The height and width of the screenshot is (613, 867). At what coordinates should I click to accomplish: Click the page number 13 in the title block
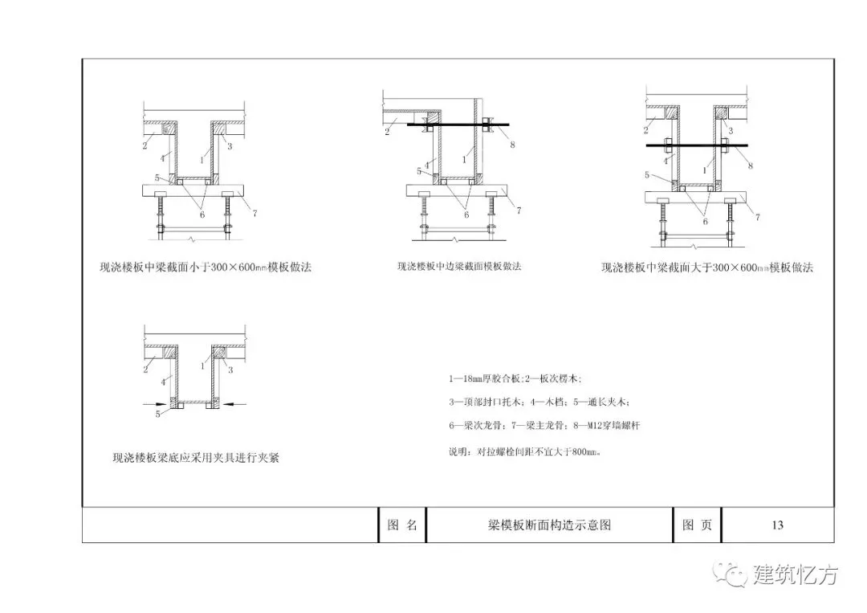pyautogui.click(x=777, y=525)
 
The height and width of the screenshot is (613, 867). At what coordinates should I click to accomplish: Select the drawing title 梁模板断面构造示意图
pyautogui.click(x=549, y=525)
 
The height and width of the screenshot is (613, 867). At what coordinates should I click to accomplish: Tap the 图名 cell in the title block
pyautogui.click(x=401, y=525)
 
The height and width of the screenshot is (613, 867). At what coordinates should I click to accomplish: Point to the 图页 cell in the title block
pyautogui.click(x=696, y=525)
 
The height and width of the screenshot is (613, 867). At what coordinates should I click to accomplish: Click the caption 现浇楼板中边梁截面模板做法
pyautogui.click(x=458, y=267)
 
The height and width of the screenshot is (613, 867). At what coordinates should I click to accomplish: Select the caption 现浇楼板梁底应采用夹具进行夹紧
pyautogui.click(x=196, y=459)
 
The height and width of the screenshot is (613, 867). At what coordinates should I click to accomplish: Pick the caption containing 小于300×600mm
pyautogui.click(x=205, y=268)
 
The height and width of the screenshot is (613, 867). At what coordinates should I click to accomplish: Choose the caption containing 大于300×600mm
pyautogui.click(x=706, y=268)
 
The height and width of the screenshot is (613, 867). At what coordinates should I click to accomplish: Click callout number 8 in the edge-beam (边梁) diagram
pyautogui.click(x=512, y=145)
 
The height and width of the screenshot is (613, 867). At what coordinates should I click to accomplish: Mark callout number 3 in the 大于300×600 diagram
pyautogui.click(x=731, y=129)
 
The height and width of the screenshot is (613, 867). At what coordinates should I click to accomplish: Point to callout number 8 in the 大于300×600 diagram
pyautogui.click(x=749, y=166)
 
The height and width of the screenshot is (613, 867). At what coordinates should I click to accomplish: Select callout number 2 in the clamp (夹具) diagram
pyautogui.click(x=145, y=370)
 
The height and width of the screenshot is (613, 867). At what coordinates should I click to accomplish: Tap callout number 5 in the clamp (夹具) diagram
pyautogui.click(x=157, y=415)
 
